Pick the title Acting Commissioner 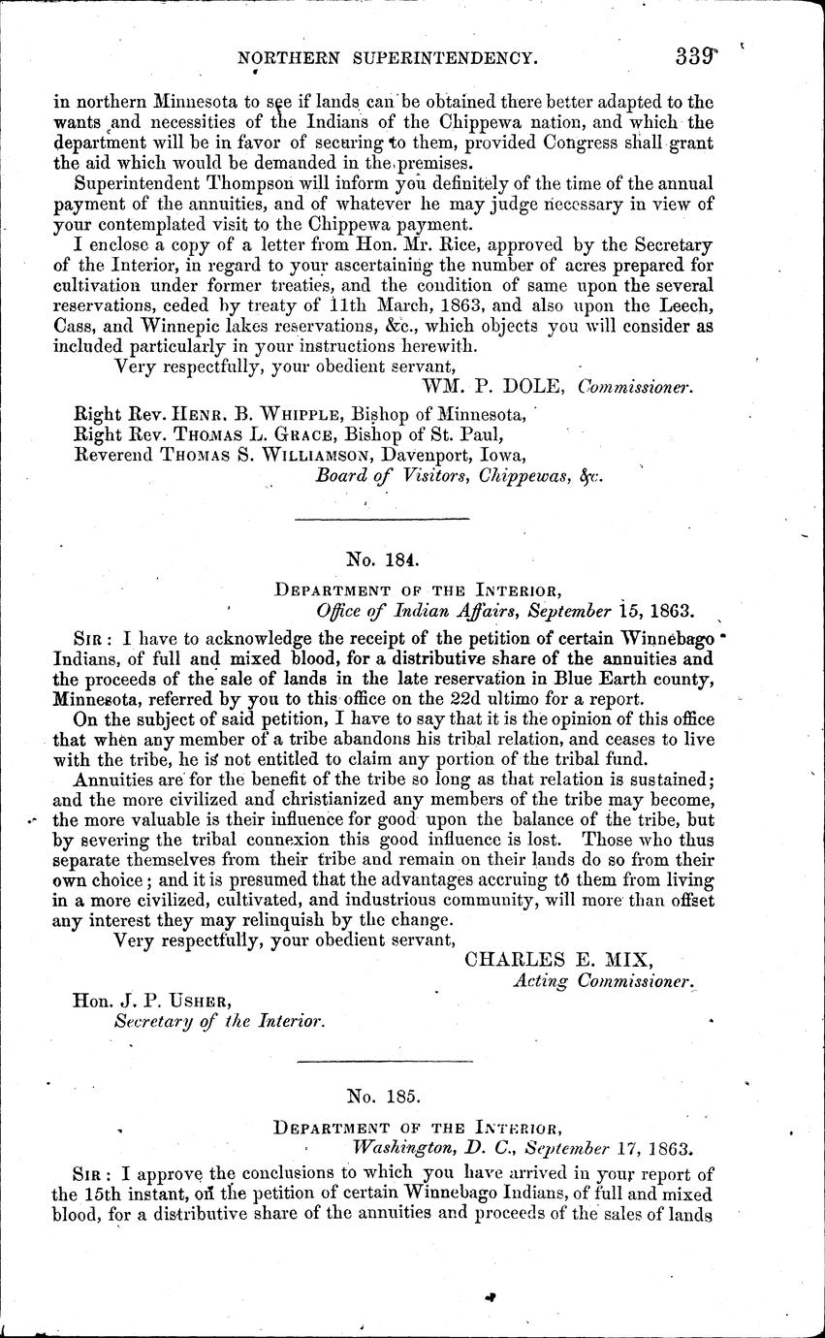603,981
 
